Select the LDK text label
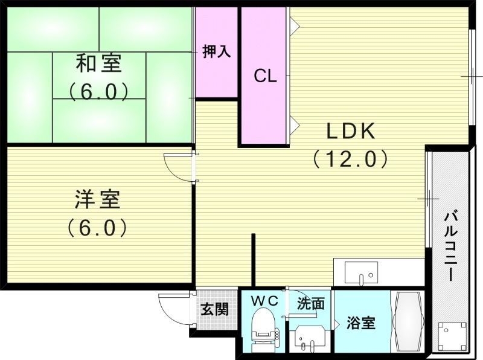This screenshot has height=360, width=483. pos(351,130)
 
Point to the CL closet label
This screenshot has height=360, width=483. pos(265,76)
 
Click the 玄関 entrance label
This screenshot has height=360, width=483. pos(214,310)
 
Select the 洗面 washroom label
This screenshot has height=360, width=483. pos(310,303)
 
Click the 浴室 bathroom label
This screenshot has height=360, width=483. pos(361,323)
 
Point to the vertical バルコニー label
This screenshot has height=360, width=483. pos(450,245)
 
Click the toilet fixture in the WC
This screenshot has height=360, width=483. pos(264,329)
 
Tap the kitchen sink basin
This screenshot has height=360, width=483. pos(361,272)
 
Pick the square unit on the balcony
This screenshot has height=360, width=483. pos(452,336)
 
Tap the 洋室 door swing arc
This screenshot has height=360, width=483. pos(178,166)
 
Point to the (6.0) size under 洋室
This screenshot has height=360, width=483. pos(98,228)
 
